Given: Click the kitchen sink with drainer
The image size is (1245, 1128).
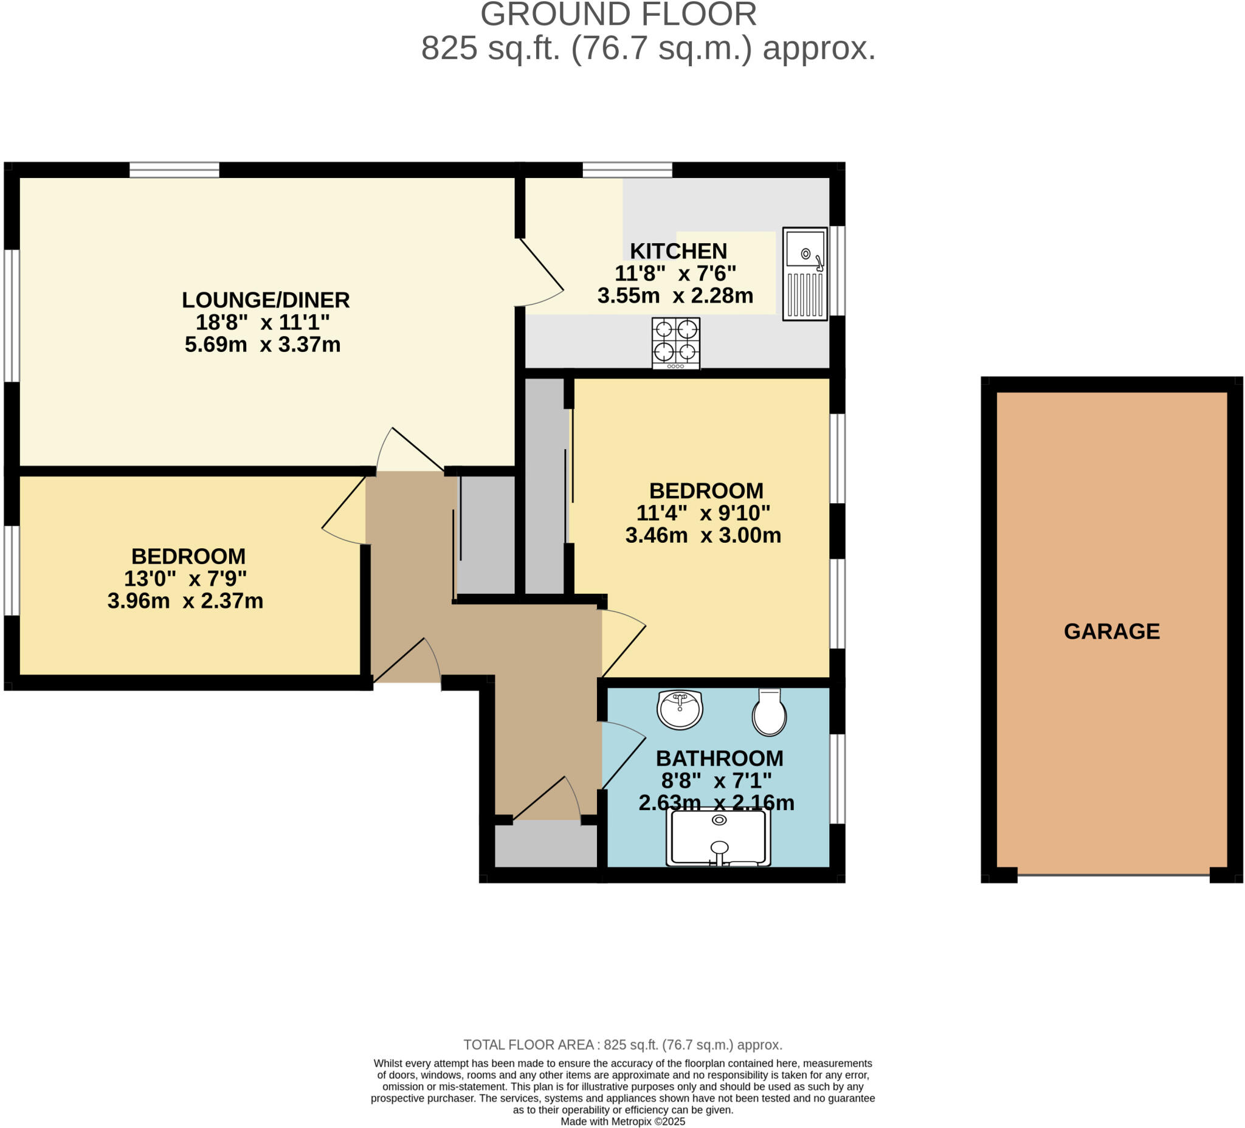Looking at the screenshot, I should tap(805, 273).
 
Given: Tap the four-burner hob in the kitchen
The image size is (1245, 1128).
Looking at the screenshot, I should tap(675, 343).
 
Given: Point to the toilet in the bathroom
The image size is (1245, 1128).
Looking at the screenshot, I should tap(769, 712).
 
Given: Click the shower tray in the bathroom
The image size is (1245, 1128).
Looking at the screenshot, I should tap(718, 837).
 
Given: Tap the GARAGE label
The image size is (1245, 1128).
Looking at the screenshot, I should tap(1112, 631).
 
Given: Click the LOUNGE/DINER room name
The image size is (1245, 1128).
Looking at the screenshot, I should tap(266, 300).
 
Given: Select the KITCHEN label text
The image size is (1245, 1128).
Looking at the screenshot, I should tap(678, 251).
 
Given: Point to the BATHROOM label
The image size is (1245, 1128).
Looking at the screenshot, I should tap(719, 758).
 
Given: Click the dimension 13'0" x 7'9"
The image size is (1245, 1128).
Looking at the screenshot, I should tap(185, 579).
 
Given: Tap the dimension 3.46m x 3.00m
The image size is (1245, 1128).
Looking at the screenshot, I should tap(703, 535).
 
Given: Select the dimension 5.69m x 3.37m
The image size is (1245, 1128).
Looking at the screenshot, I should tap(263, 344).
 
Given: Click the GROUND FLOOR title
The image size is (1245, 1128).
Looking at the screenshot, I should tap(618, 14).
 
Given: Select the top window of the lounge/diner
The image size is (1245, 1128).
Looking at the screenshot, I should tap(174, 169).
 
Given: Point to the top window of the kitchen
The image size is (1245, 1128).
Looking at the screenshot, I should tap(627, 169).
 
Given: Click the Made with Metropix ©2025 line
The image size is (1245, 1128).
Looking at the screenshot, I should tap(622, 1121).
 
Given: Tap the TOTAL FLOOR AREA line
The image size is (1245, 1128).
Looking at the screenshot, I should tap(622, 1045).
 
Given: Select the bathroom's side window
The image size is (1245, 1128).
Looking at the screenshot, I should tap(837, 779).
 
